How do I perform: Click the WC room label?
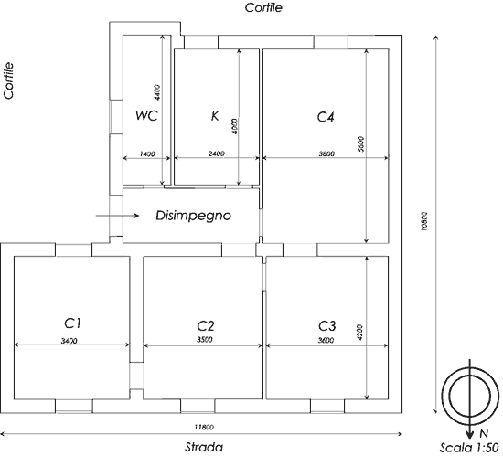(x=146, y=115)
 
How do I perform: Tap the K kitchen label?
(x=215, y=115)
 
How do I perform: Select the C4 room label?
(x=326, y=117)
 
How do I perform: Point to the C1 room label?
(x=73, y=323)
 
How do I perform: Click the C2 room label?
(x=205, y=325)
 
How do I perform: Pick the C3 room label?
(x=326, y=326)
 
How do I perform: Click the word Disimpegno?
(x=193, y=216)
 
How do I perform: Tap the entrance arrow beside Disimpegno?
(x=117, y=216)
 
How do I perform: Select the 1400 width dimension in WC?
(x=147, y=154)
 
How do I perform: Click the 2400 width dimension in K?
(x=216, y=154)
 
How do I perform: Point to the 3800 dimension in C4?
(x=326, y=154)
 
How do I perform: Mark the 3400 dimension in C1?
(x=69, y=341)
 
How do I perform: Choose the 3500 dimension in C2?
(x=205, y=339)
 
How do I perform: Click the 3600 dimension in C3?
(x=326, y=340)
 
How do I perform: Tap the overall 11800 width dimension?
(x=204, y=427)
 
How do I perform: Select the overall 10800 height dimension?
(x=424, y=221)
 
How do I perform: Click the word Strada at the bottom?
(x=204, y=447)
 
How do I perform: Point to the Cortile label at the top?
(x=263, y=7)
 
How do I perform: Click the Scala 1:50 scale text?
(x=468, y=448)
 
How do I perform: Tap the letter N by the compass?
(x=484, y=433)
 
